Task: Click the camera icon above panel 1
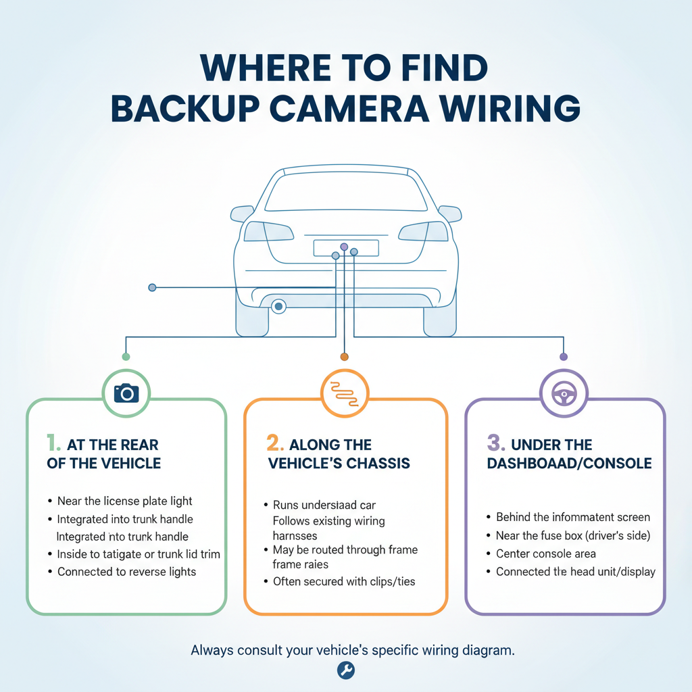[126, 392]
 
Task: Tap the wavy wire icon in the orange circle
[344, 392]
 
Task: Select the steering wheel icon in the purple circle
[562, 392]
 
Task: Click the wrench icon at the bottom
[345, 670]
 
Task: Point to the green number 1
[53, 444]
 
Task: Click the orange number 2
[274, 444]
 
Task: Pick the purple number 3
[495, 444]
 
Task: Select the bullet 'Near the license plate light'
[124, 501]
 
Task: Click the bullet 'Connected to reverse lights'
[126, 572]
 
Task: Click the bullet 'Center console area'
[545, 553]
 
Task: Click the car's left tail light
[265, 231]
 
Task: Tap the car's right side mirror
[450, 214]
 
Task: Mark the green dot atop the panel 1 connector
[125, 356]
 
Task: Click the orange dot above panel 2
[344, 356]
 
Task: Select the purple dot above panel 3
[563, 356]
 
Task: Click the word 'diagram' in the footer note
[489, 651]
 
